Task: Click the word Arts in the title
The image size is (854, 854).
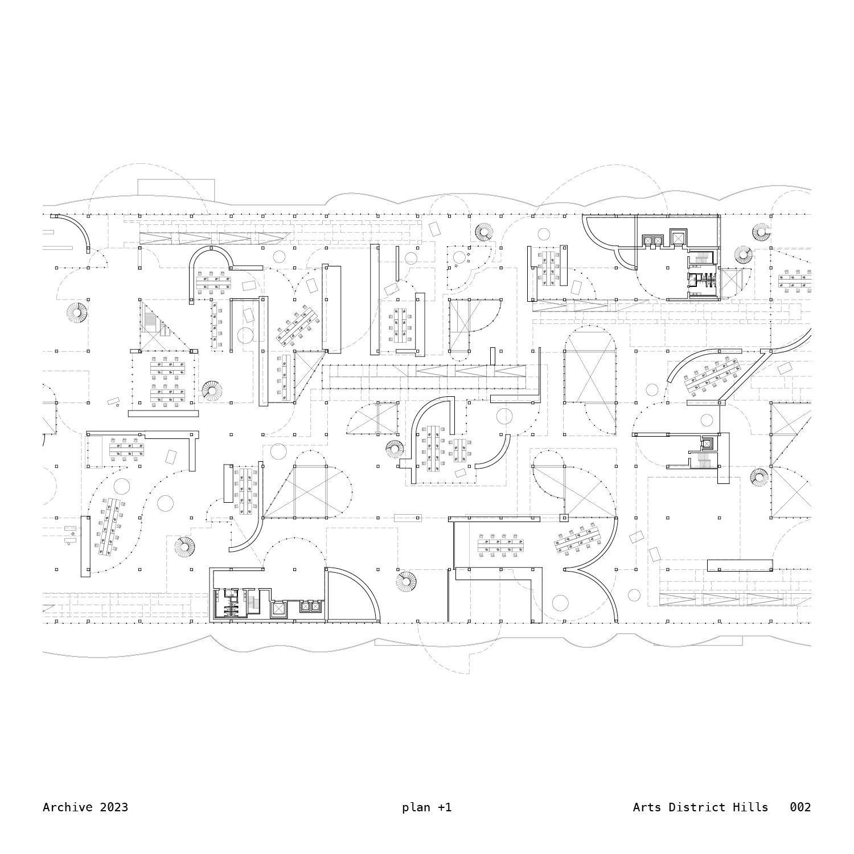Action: pos(647,807)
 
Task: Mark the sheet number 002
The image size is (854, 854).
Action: pos(800,807)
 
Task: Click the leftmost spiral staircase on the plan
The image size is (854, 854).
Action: pos(77,313)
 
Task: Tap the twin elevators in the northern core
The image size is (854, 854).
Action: pos(652,241)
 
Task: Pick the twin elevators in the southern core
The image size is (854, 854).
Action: pos(310,607)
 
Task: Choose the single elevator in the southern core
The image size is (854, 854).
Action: pos(278,609)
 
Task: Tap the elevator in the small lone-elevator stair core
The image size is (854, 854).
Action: pos(707,444)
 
